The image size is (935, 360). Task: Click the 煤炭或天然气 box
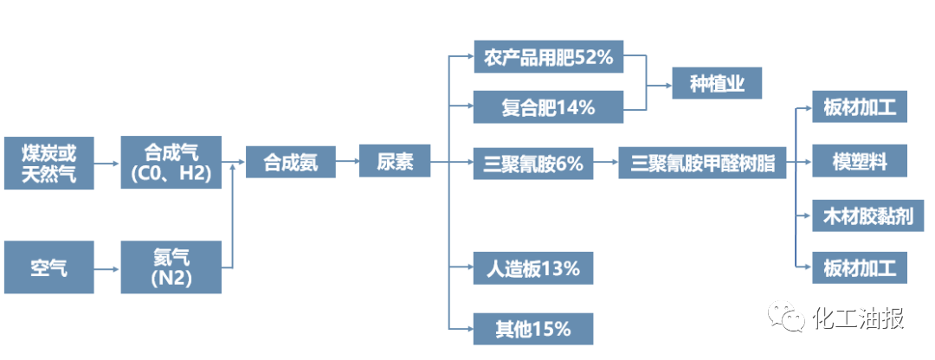click(48, 163)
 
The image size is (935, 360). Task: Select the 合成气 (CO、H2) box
click(171, 163)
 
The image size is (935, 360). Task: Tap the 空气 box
click(48, 267)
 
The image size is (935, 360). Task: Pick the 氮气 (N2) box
click(171, 267)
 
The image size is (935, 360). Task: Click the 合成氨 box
click(290, 162)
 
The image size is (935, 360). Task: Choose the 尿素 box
click(395, 162)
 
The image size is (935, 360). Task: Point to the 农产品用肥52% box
click(549, 57)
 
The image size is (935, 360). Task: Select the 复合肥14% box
click(549, 107)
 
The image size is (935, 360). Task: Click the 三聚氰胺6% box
click(533, 163)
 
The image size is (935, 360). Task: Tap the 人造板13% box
click(533, 268)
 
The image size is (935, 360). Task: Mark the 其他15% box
click(533, 328)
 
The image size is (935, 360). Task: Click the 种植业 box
click(718, 83)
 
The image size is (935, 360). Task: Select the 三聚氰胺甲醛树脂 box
click(702, 163)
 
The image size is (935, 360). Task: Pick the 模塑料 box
click(860, 161)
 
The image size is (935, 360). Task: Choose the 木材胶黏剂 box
click(867, 215)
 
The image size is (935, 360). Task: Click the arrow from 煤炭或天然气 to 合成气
click(107, 163)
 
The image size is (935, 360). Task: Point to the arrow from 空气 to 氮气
click(107, 268)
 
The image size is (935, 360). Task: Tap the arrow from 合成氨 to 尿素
click(347, 162)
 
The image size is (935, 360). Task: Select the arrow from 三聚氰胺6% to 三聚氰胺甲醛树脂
click(606, 162)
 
